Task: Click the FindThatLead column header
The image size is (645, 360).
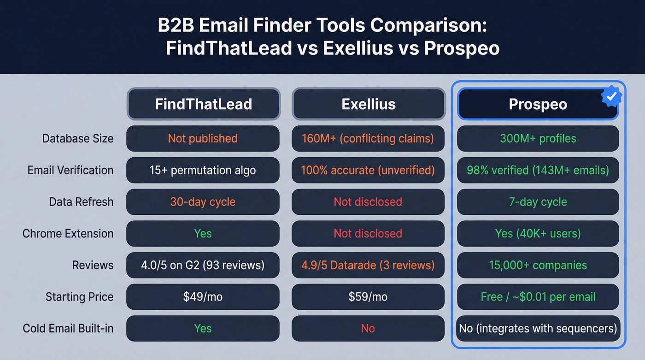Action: [203, 104]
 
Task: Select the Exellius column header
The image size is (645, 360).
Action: [369, 104]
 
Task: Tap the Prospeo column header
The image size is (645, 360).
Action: [538, 104]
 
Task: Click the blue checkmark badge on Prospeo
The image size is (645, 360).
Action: [612, 96]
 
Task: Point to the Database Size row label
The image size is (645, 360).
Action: [77, 138]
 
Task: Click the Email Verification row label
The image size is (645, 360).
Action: [70, 170]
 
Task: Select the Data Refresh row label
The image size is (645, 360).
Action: [81, 202]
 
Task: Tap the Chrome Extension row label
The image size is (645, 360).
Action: [68, 234]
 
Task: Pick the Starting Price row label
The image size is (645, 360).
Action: [79, 297]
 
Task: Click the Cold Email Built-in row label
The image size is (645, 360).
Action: [68, 329]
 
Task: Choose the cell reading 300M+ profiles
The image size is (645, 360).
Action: [538, 138]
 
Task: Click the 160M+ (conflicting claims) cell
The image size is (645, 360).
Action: [368, 138]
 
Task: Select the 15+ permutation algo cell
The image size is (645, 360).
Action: [203, 170]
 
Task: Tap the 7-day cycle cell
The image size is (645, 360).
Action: [538, 202]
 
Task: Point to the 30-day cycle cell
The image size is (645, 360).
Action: [203, 202]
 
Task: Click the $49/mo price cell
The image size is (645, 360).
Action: [203, 297]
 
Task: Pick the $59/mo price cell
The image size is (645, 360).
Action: [368, 297]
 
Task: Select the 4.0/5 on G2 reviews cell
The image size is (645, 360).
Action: [203, 266]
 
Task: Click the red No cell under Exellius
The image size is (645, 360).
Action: [368, 329]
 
